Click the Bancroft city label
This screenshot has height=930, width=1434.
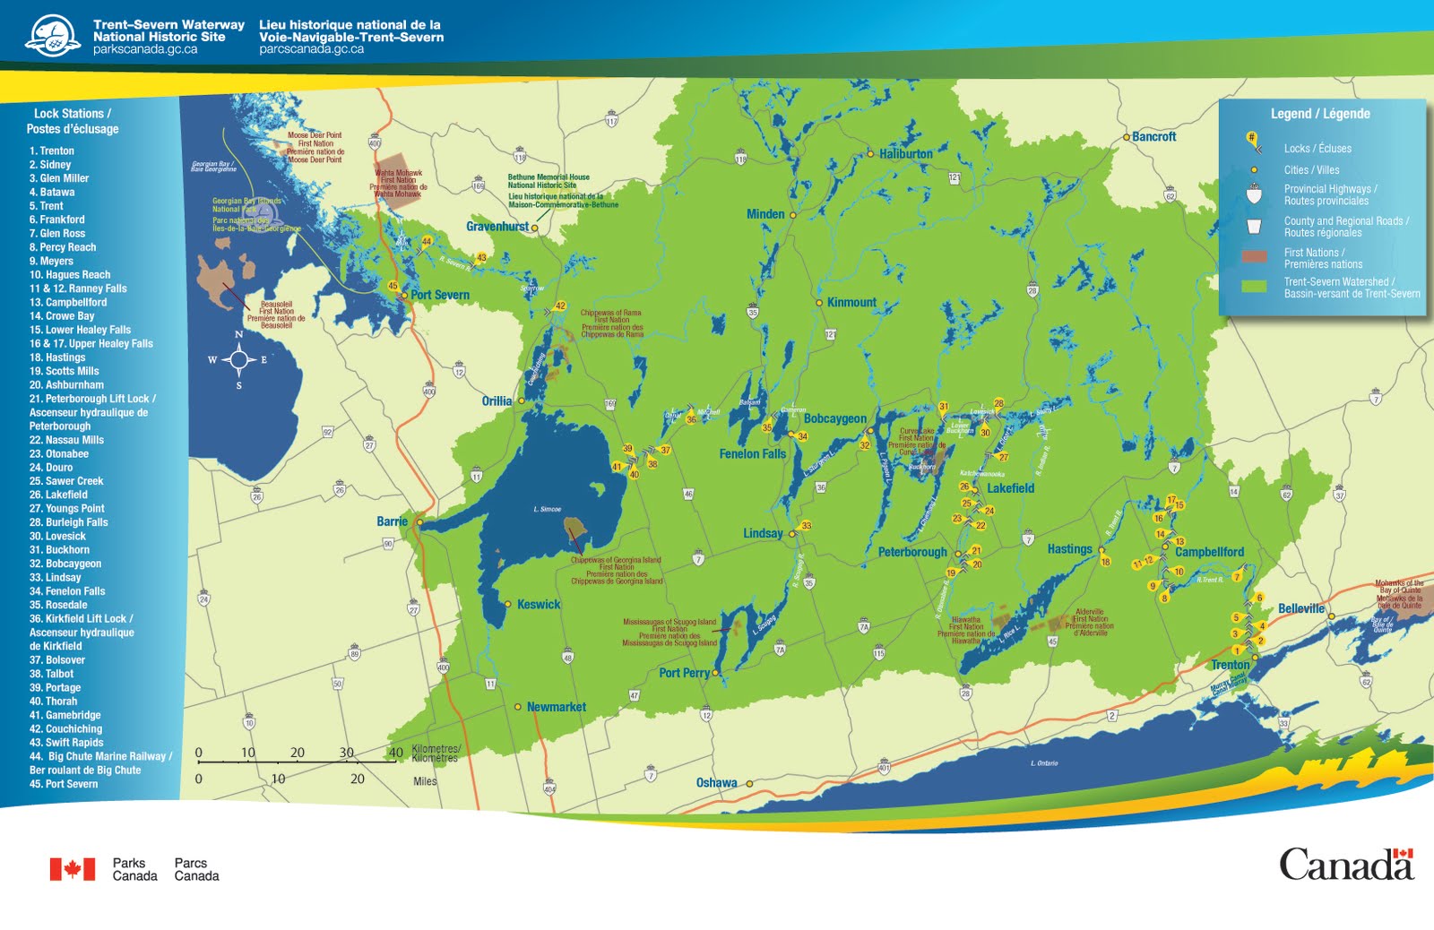tap(1153, 137)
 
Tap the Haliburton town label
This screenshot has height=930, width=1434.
tap(905, 154)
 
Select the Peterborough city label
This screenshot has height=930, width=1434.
tap(911, 552)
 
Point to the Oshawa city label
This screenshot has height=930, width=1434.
tap(716, 783)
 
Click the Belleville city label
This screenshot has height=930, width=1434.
tap(1300, 608)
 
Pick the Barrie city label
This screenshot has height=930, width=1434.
tap(392, 521)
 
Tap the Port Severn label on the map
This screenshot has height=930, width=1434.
tap(439, 295)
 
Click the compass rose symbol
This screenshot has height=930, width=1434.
tap(238, 360)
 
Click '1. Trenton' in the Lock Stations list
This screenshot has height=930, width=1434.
tap(51, 151)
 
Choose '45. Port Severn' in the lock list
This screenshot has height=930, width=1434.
tap(64, 784)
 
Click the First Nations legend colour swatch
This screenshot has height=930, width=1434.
tap(1254, 257)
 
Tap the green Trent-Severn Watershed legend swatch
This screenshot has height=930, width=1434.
tap(1254, 287)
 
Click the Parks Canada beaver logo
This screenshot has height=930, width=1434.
tap(52, 36)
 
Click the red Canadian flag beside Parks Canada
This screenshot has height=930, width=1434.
tap(72, 869)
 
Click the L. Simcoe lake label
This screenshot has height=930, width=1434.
tap(548, 509)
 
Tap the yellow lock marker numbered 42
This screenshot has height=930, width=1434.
tap(560, 306)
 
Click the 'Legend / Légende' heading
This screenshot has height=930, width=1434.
tap(1319, 114)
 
